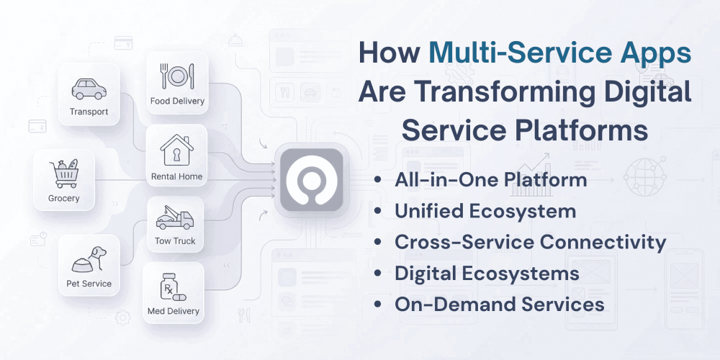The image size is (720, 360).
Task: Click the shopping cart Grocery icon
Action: pos(64,174)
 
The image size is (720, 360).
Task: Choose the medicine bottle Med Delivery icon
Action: pos(174,287)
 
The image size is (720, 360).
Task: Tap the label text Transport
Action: pos(89,112)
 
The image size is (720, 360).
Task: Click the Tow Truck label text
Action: pos(175,241)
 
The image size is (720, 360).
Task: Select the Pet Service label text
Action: pos(89,284)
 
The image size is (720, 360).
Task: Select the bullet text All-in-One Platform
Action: pos(490,180)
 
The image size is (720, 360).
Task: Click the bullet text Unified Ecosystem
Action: pos(485,211)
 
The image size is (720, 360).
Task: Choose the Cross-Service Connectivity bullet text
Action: pos(530,242)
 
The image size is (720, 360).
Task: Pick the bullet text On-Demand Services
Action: pos(499,304)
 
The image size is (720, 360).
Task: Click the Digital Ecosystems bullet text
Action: pos(487,273)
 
